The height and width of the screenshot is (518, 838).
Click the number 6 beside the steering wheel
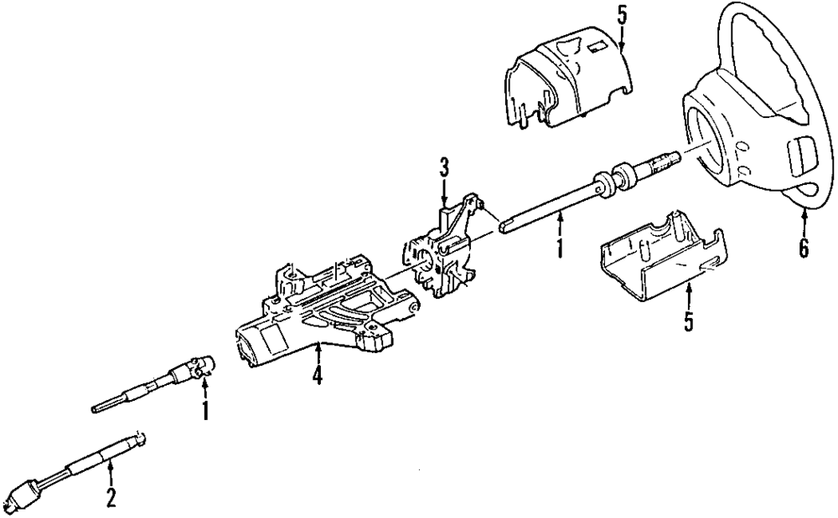click(804, 249)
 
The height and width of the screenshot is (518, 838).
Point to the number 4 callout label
click(317, 377)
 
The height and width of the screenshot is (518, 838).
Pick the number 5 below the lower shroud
click(688, 321)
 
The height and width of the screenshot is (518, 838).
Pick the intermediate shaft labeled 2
click(84, 465)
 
